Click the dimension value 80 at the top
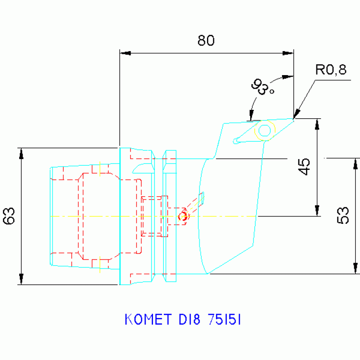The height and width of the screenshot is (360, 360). point(206,41)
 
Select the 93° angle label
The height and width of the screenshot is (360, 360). point(262,87)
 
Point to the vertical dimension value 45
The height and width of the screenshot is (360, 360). point(305,167)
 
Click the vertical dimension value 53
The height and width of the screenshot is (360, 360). point(344,215)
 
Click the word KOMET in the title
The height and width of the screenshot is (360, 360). point(147,320)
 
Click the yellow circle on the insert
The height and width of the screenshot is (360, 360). point(265,130)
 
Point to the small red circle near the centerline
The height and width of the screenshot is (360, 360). point(183,216)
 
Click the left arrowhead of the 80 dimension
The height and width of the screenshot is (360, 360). point(124,53)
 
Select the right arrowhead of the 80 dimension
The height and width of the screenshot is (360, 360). point(289,53)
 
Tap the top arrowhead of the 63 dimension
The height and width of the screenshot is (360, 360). point(21,153)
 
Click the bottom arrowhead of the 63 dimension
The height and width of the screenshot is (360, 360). point(21,280)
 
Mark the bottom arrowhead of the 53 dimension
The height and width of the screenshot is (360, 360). point(355,269)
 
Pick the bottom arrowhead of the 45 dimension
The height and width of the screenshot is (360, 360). point(317,211)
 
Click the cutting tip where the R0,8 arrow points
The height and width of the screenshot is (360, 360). point(294,119)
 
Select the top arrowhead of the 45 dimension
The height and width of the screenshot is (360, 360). point(317,123)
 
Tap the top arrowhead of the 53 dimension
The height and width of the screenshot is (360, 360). point(355,163)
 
